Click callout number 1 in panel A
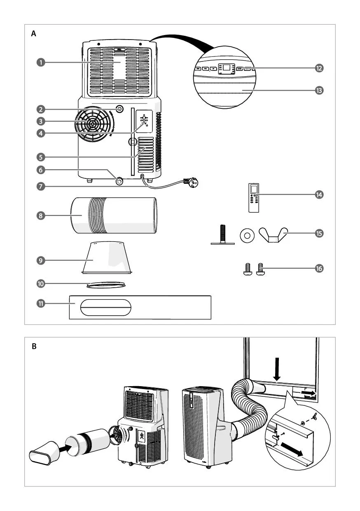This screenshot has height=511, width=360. tap(40, 62)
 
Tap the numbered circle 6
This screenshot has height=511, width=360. tap(40, 169)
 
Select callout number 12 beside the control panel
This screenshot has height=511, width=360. tap(319, 68)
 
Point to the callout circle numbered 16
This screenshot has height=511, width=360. tap(319, 268)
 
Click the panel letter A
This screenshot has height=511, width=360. tap(34, 34)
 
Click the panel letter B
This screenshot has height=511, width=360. tap(34, 347)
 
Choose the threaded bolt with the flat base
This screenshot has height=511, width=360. tap(222, 235)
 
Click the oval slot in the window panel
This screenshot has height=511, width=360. tap(106, 307)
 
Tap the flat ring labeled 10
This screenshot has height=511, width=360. tap(106, 284)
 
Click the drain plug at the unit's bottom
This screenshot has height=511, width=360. tap(120, 180)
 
